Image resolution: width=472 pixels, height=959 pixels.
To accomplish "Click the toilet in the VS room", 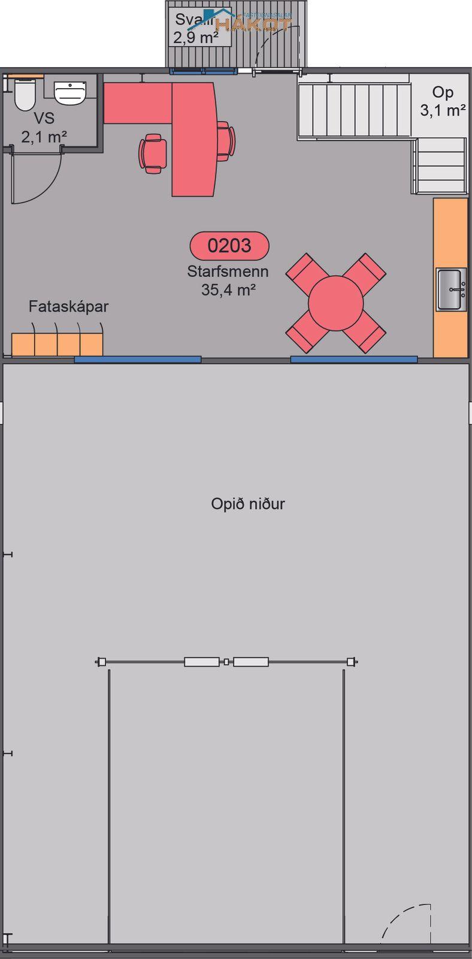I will pyautogui.click(x=25, y=96).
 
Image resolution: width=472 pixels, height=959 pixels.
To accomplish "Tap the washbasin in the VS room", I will pyautogui.click(x=71, y=93).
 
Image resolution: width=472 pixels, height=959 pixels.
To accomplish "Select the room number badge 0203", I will pyautogui.click(x=229, y=245).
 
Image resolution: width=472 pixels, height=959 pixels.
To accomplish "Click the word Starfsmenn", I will pyautogui.click(x=228, y=271).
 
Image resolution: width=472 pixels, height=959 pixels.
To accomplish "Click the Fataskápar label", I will pyautogui.click(x=68, y=306).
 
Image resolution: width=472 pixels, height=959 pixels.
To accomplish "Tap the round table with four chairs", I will pyautogui.click(x=335, y=303).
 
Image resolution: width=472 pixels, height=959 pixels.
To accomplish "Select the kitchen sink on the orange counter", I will pyautogui.click(x=451, y=289).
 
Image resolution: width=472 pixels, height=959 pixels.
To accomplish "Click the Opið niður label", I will pyautogui.click(x=247, y=503).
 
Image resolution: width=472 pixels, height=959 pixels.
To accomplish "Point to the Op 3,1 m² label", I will pyautogui.click(x=443, y=101).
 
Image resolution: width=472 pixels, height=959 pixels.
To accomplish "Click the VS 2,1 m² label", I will pyautogui.click(x=44, y=127).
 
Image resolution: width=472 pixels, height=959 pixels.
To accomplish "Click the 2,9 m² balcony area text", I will pyautogui.click(x=195, y=38).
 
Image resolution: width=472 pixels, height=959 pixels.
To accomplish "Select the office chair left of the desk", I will pyautogui.click(x=153, y=153).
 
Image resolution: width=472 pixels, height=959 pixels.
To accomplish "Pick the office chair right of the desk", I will pyautogui.click(x=225, y=141).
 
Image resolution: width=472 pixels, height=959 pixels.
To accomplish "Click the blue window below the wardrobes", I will pyautogui.click(x=138, y=360).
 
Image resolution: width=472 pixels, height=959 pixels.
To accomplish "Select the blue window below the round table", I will pyautogui.click(x=354, y=360).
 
